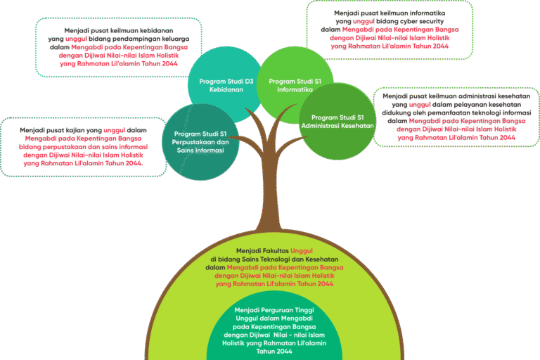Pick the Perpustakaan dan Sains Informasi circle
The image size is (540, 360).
199,141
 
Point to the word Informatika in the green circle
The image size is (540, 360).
295,90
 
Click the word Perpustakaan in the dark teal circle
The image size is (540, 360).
200,142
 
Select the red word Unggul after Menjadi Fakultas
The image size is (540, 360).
306,250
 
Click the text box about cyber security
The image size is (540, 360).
390,30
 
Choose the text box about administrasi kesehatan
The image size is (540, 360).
455,117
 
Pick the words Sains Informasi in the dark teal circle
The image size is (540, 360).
200,150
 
